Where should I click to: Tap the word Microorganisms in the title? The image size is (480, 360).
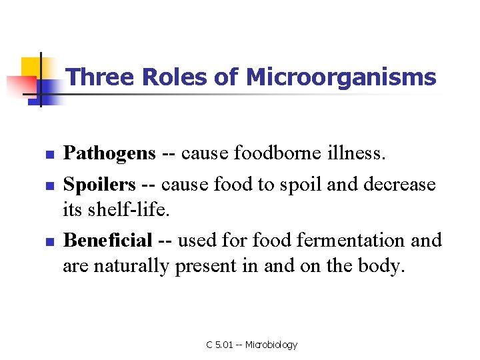pos(341,77)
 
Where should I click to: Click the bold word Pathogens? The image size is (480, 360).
pos(109,154)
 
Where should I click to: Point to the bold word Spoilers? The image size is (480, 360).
pos(99,184)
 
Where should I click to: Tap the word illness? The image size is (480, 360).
pos(361,154)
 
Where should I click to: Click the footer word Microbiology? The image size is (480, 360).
pos(271,345)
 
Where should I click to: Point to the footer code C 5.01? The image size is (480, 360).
pos(219,345)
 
